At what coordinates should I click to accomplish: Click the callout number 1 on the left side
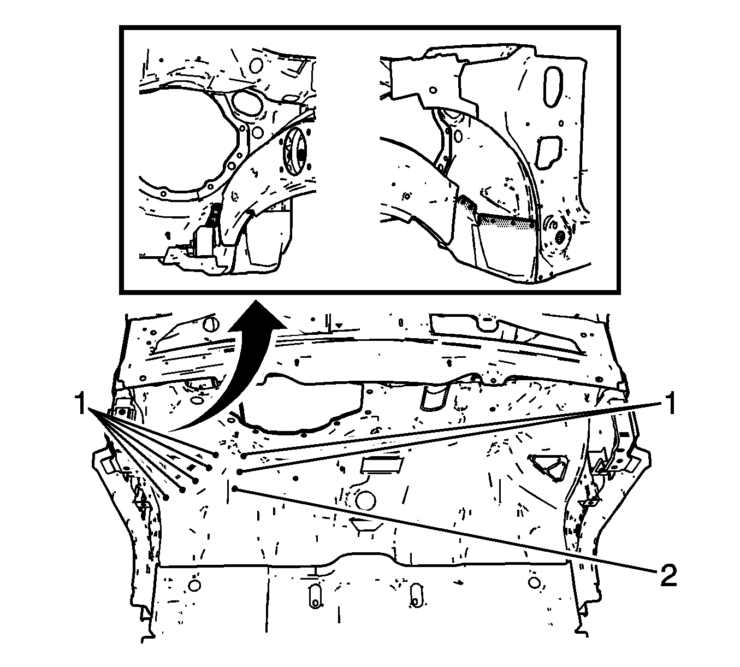coord(81,404)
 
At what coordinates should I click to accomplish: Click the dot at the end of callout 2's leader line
coord(235,489)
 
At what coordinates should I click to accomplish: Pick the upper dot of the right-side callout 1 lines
coord(244,456)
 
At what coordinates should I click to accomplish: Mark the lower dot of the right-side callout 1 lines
coord(239,472)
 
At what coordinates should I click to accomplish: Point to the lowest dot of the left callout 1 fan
coord(167,498)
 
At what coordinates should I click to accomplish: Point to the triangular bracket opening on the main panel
coord(547,468)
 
